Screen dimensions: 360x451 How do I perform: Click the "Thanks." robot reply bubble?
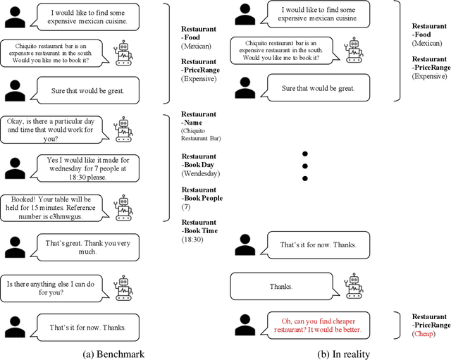tap(280, 287)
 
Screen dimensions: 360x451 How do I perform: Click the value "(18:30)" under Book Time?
tap(192, 240)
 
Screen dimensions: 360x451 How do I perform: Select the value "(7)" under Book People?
tap(185, 207)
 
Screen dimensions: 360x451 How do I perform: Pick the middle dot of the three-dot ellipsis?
tap(304, 166)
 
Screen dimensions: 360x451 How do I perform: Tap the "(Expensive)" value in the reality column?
tap(431, 75)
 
